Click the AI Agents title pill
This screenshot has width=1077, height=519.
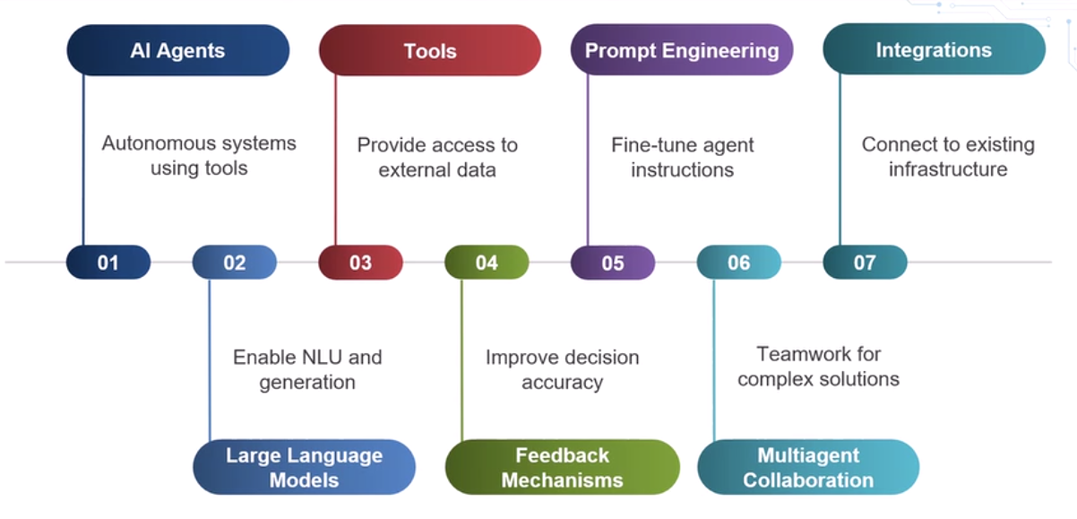(x=178, y=50)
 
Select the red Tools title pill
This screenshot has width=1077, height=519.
(x=430, y=50)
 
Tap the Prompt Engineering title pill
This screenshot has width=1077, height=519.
(x=682, y=50)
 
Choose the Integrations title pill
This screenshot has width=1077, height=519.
(x=934, y=49)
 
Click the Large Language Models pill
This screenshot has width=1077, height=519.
(x=304, y=467)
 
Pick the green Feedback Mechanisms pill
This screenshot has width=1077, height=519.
(x=562, y=467)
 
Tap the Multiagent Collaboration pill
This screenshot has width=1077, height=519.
(x=808, y=467)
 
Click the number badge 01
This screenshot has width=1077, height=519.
(x=108, y=262)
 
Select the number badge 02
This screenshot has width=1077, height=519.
(x=235, y=262)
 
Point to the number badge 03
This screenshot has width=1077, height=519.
(x=360, y=262)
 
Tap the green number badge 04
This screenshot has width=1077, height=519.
(x=487, y=262)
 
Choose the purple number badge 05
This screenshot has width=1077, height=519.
(x=613, y=263)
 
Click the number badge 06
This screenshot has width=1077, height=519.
(x=739, y=262)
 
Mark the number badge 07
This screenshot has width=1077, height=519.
(x=865, y=262)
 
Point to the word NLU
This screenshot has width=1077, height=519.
(x=321, y=358)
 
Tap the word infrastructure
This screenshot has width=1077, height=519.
(x=948, y=169)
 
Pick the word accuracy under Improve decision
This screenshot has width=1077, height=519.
(x=562, y=383)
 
